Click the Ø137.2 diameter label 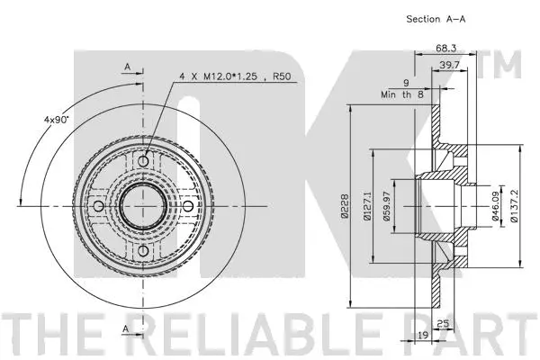click(x=514, y=206)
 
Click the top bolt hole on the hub click(x=143, y=161)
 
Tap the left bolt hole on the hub click(x=99, y=206)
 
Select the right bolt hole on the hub click(x=187, y=206)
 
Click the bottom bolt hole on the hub click(x=143, y=250)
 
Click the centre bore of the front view click(x=143, y=206)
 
